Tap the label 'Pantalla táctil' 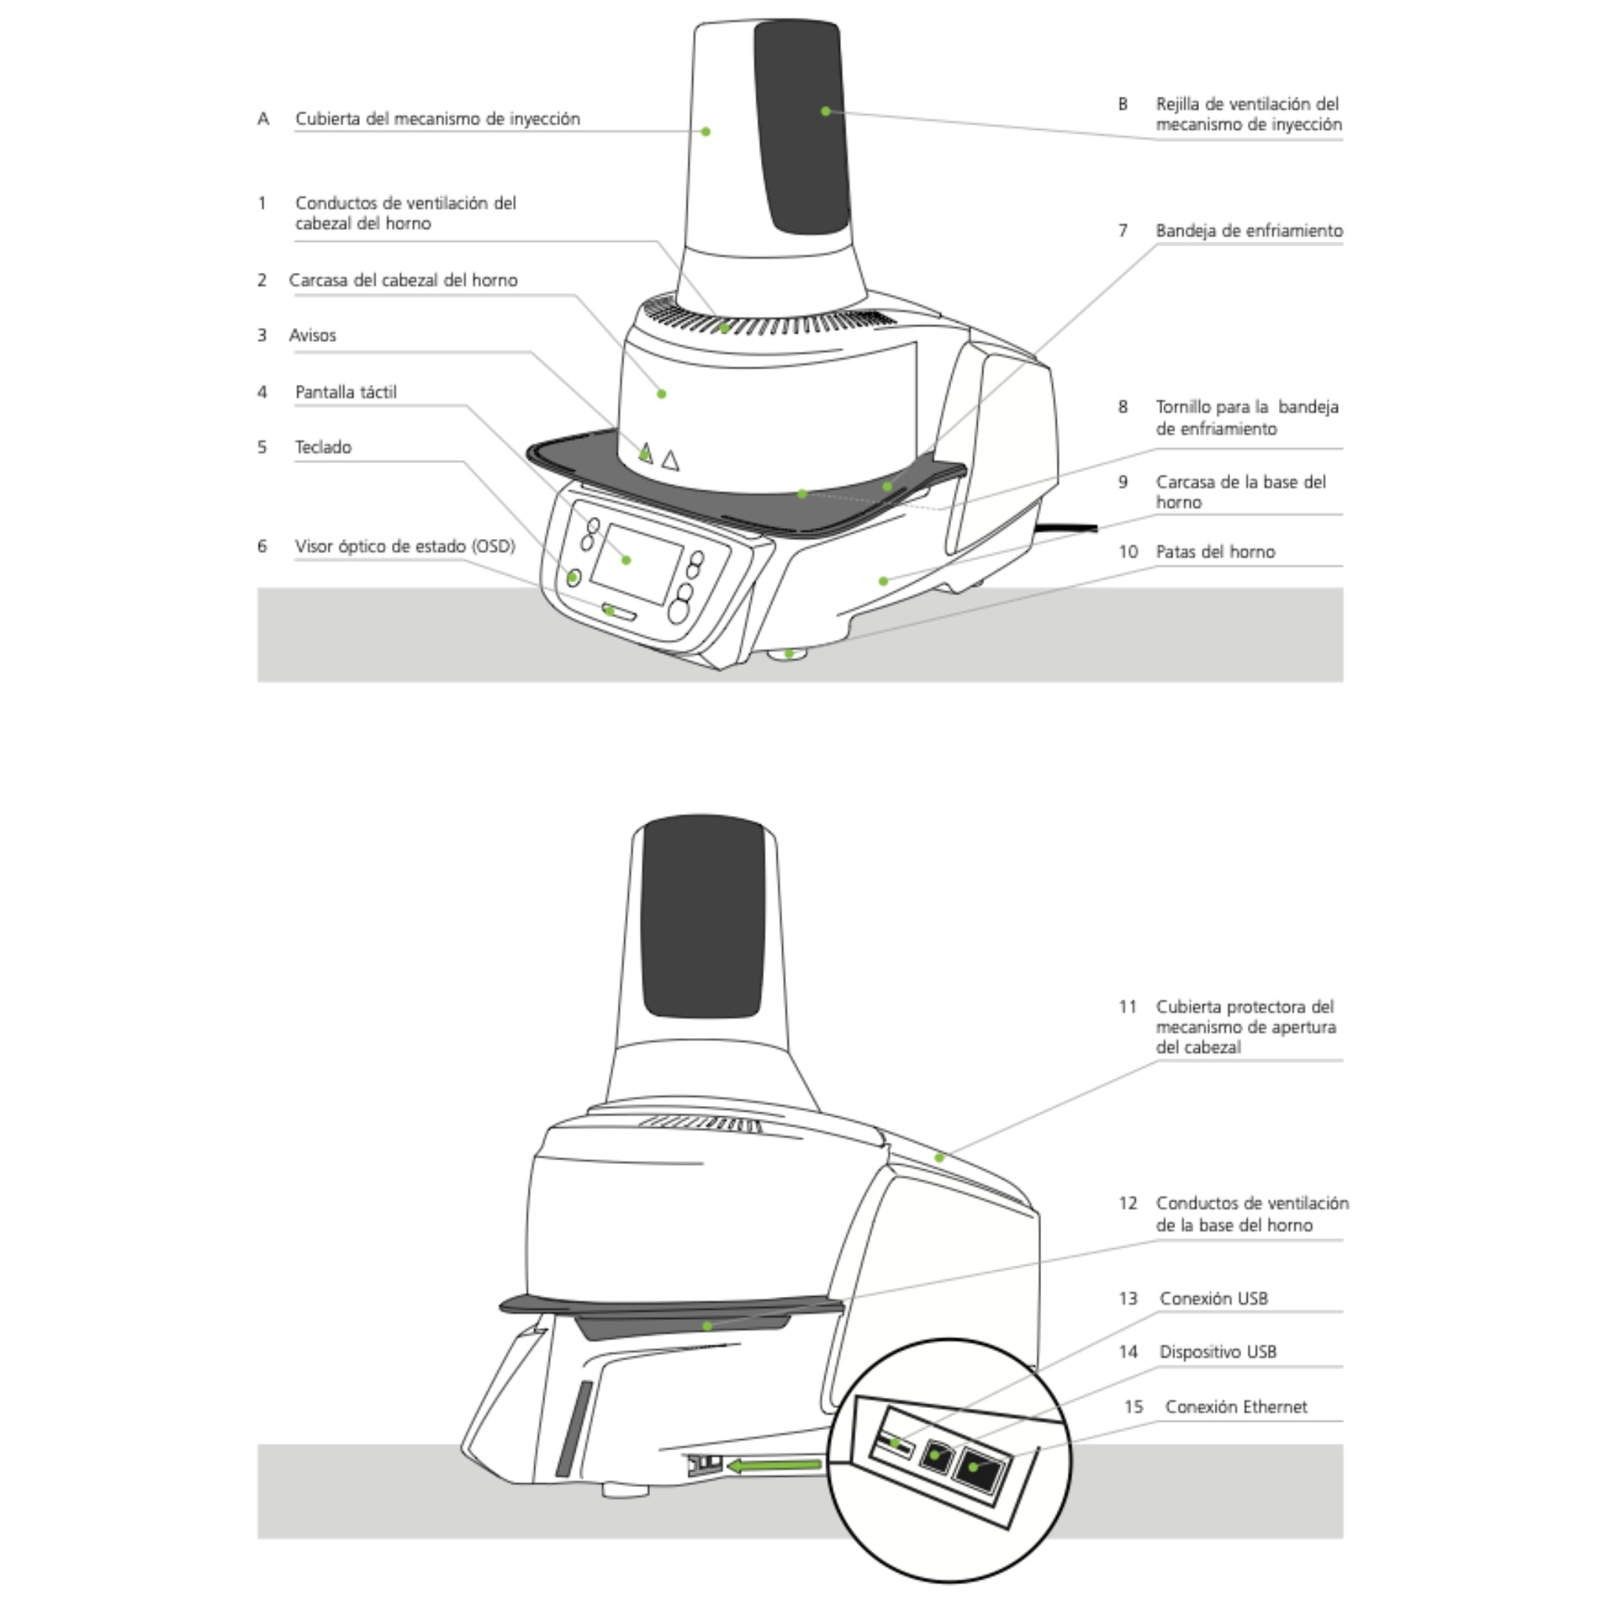click(346, 392)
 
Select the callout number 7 click(1122, 231)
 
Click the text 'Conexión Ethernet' click(1235, 1406)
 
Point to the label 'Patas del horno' click(1216, 551)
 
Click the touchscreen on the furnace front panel click(636, 563)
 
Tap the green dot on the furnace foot click(789, 653)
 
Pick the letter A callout click(263, 119)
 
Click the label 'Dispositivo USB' click(1218, 1352)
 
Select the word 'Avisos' click(313, 335)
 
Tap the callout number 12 click(1128, 1203)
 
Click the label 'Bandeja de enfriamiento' click(1249, 231)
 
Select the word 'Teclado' click(323, 447)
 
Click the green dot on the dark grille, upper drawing click(825, 110)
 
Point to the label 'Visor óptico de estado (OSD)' click(405, 547)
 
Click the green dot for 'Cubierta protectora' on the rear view click(939, 1158)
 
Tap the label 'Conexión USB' click(1214, 1298)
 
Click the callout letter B click(1122, 104)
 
